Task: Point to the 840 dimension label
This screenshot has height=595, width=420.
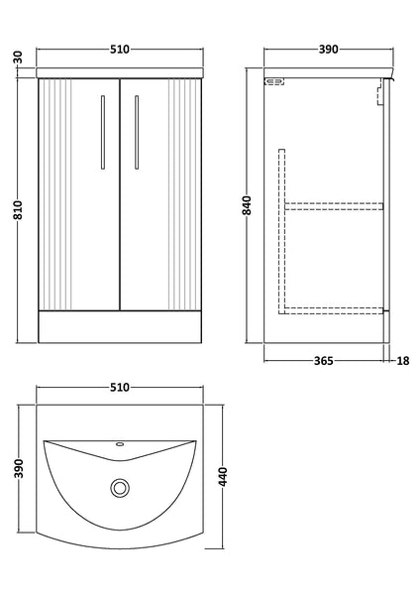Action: click(x=248, y=205)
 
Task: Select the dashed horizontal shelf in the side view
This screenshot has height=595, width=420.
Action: click(x=334, y=206)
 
